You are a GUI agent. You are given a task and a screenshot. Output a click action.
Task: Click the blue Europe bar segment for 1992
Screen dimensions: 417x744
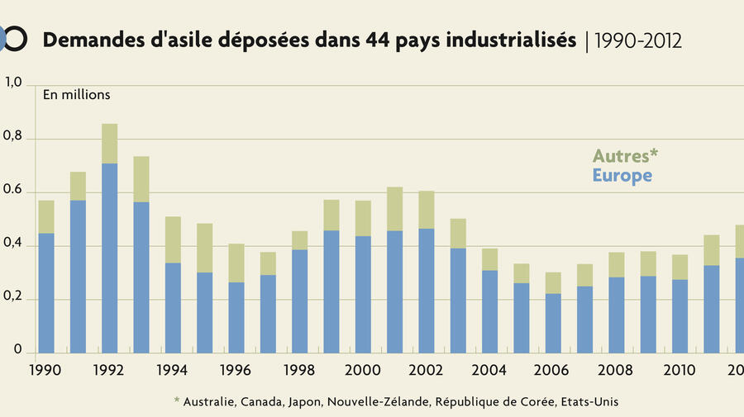(109, 258)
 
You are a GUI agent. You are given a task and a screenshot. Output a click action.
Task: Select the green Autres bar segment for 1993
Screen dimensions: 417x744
(141, 179)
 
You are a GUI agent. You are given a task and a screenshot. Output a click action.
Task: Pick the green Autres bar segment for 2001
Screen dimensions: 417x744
(394, 209)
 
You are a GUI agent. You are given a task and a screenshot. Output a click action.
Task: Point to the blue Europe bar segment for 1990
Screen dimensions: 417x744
(46, 293)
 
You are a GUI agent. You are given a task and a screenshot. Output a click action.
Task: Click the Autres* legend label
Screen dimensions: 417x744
(625, 156)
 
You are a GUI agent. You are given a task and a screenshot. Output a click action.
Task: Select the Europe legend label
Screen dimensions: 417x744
(622, 176)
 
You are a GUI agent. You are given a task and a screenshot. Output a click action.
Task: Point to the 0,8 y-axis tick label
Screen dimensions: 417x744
(16, 140)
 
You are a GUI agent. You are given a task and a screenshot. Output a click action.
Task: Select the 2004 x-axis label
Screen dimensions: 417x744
(490, 369)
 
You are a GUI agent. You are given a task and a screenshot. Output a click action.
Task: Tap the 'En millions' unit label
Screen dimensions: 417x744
(77, 95)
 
